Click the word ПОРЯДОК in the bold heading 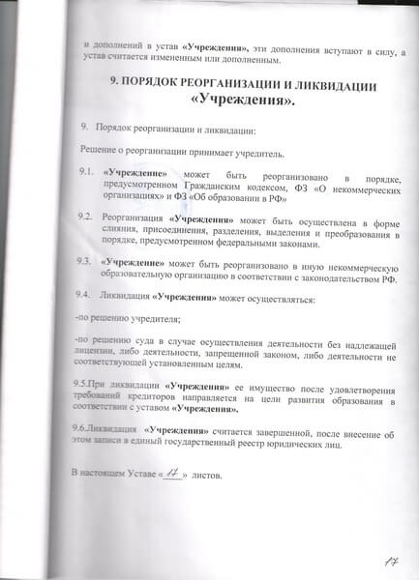click(160, 85)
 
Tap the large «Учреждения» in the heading click(242, 101)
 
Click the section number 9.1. click(84, 172)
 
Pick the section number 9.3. click(84, 261)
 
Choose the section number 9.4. click(84, 296)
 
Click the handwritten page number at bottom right click(392, 558)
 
